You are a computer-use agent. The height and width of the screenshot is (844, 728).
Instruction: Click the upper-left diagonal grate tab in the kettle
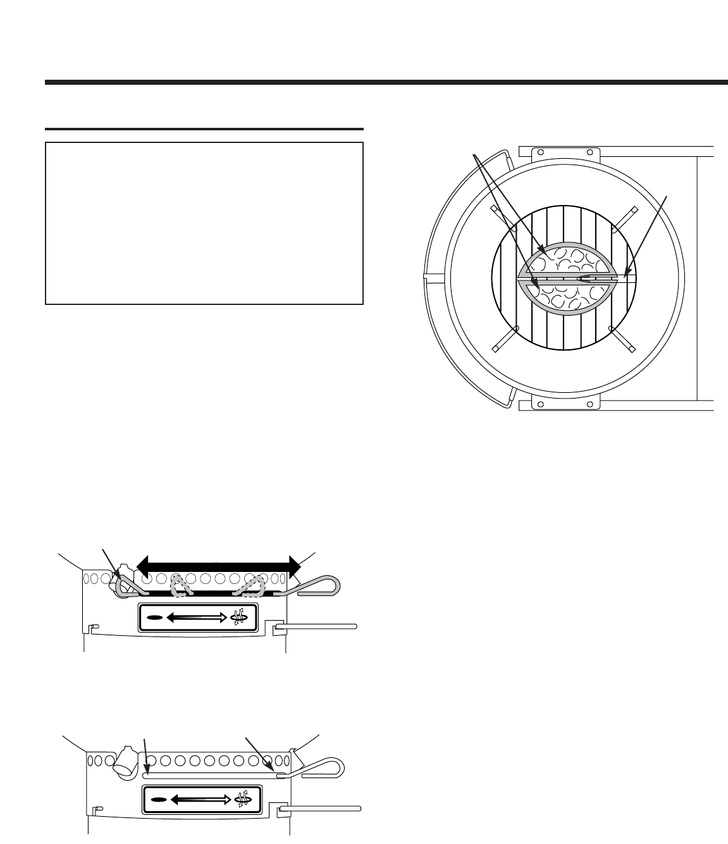click(x=498, y=214)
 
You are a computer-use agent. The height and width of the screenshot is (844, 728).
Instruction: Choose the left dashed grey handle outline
click(x=183, y=586)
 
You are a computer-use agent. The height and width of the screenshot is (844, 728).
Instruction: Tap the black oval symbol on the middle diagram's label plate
click(x=154, y=616)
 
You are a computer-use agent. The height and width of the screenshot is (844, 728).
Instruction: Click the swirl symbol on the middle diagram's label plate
click(x=238, y=617)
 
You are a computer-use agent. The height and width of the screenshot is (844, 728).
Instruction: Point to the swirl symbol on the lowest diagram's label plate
click(x=241, y=800)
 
